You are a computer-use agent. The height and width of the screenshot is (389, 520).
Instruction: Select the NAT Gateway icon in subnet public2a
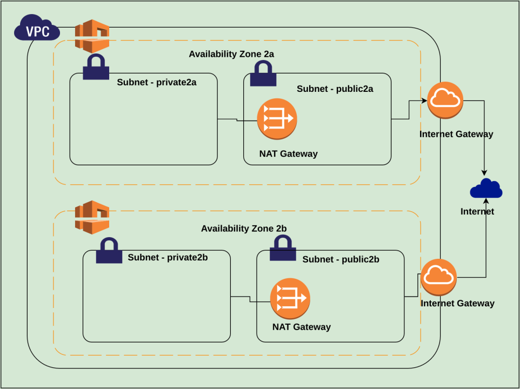[x=277, y=118]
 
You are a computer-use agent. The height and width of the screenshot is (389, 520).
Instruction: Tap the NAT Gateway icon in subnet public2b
[x=290, y=299]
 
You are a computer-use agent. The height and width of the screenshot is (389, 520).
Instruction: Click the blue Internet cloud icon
[x=486, y=189]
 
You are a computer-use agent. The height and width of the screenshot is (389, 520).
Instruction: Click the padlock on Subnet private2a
[x=96, y=67]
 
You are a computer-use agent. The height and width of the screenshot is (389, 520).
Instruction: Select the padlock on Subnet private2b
[x=109, y=250]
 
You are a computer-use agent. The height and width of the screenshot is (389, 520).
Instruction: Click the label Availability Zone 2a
[x=231, y=54]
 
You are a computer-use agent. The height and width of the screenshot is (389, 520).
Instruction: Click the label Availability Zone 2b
[x=244, y=229]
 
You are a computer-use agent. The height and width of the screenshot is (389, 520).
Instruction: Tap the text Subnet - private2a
[x=156, y=83]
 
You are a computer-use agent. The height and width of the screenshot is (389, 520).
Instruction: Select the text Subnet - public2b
[x=341, y=259]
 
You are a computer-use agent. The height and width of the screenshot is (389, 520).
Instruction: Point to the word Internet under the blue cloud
[x=477, y=211]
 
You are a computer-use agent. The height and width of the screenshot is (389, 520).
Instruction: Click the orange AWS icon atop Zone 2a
[x=92, y=36]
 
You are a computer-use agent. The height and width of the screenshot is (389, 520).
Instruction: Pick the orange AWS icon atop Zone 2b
[x=92, y=217]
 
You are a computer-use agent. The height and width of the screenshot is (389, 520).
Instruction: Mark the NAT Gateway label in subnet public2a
[x=288, y=154]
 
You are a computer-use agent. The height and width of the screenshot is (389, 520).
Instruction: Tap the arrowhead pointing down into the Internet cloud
[x=484, y=172]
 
